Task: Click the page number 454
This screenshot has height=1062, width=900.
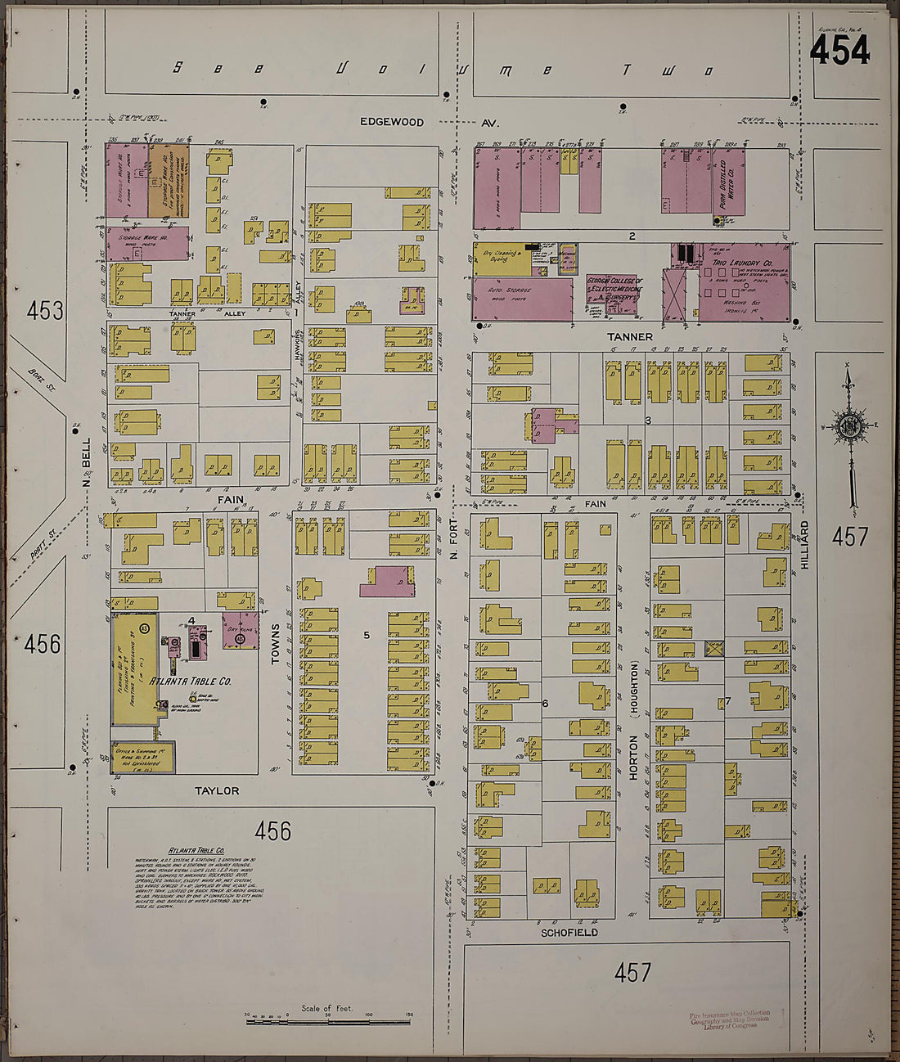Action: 839,51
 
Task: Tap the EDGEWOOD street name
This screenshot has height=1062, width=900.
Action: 393,122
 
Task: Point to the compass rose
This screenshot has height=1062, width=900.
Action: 850,425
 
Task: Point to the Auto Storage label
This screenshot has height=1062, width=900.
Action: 510,290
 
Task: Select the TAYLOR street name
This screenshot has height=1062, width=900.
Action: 217,790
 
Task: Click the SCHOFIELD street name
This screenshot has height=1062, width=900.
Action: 569,932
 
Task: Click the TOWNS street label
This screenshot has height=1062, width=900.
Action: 275,642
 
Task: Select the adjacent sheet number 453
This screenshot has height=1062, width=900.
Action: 45,311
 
